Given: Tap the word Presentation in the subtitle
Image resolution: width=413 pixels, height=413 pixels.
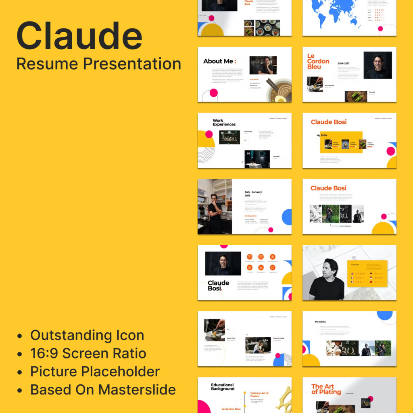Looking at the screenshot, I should (132, 64).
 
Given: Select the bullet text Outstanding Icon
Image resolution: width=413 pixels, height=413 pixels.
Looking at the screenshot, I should (87, 335).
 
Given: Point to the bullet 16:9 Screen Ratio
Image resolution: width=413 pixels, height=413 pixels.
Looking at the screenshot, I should (88, 353).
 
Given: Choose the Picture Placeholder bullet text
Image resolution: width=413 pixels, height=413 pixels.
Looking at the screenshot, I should (95, 371).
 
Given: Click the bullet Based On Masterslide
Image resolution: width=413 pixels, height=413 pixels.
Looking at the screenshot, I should (103, 390).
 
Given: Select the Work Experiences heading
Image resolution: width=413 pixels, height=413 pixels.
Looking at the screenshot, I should (224, 123).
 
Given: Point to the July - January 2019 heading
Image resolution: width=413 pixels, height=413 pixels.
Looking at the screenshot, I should (253, 194).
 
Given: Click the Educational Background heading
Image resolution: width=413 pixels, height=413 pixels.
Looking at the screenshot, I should (223, 387).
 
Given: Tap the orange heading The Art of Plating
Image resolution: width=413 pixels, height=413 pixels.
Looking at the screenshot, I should (326, 389).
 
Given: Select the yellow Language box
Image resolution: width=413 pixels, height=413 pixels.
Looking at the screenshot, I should (367, 273).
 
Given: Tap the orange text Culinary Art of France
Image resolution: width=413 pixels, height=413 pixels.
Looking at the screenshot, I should (259, 394).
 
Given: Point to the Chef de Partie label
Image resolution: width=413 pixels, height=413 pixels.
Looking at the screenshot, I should (279, 338).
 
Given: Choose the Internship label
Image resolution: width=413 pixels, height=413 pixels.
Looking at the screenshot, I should (248, 131).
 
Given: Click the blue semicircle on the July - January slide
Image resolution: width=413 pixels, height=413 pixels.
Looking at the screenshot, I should (287, 217).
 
